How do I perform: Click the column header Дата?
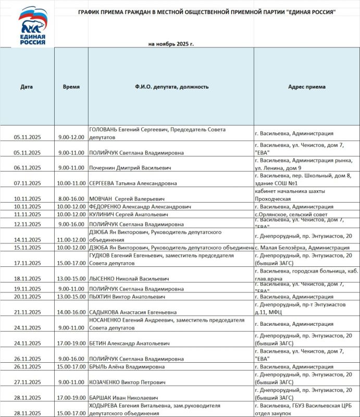(27, 87)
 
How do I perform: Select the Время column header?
(71, 87)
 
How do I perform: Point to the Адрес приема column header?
(307, 87)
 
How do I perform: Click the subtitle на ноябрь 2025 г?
(171, 44)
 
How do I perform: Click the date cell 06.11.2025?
(27, 168)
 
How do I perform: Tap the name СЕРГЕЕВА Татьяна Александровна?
(133, 183)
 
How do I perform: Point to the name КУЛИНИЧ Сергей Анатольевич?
(129, 214)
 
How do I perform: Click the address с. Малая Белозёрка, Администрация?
(302, 248)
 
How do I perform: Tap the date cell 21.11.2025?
(27, 312)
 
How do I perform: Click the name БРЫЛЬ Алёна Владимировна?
(127, 366)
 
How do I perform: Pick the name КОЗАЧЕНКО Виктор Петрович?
(128, 382)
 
